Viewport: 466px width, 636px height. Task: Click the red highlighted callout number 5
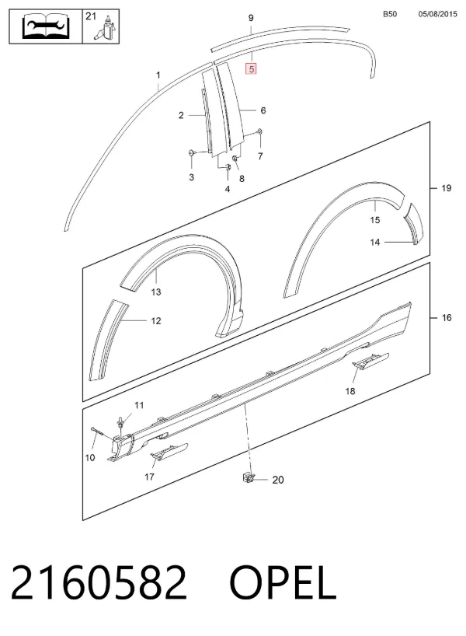coord(251,69)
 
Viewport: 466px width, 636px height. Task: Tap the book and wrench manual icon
coord(46,26)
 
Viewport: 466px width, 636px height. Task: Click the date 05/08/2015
coord(437,14)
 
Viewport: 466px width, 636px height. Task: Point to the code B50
coord(390,14)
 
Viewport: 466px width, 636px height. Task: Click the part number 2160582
coord(99,582)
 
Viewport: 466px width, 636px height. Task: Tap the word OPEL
coord(283,582)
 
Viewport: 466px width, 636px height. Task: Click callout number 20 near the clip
coord(278,480)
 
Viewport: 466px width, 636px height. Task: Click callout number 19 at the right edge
coord(446,188)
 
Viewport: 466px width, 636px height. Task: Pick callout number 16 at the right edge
coord(446,317)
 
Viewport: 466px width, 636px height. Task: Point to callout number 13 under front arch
coord(156,292)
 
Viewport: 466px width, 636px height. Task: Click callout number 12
coord(156,321)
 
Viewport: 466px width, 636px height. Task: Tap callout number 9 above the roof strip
coord(251,18)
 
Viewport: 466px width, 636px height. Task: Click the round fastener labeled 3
coord(191,152)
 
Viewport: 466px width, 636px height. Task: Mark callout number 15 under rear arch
coord(375,220)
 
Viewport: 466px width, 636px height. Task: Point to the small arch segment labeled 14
coord(414,223)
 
